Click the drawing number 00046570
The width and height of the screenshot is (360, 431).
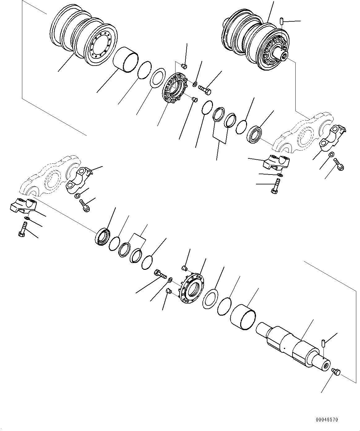[327, 420]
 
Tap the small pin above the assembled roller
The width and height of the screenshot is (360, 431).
[282, 21]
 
